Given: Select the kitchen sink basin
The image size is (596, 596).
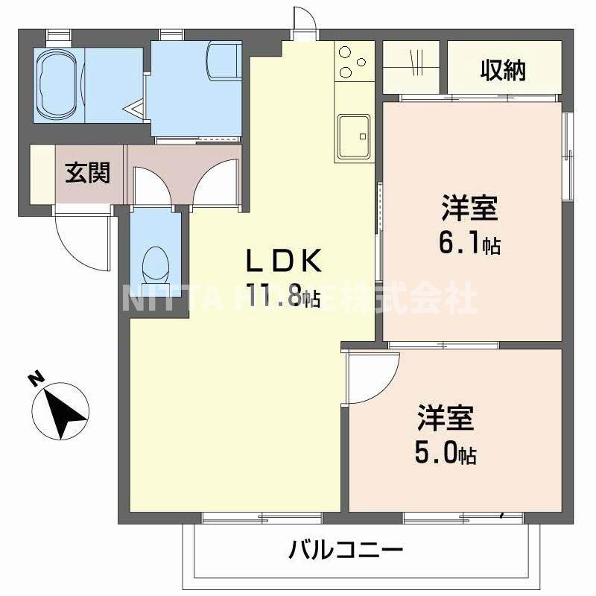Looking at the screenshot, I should [x=354, y=136].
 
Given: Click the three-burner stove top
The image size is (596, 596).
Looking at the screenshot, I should [x=353, y=61].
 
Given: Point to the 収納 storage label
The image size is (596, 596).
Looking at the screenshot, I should [x=503, y=70].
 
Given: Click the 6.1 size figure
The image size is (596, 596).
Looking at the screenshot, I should [x=460, y=244].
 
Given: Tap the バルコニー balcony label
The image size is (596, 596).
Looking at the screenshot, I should [x=346, y=552].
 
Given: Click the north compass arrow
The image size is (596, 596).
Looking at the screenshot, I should [x=64, y=408].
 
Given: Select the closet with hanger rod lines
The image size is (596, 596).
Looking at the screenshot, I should [x=414, y=67].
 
